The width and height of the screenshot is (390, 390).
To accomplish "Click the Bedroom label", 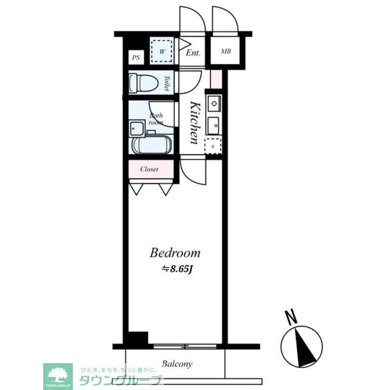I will tap(175, 253).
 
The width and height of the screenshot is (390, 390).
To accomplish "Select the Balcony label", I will tap(177, 364).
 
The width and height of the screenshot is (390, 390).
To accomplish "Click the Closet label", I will tap(149, 169).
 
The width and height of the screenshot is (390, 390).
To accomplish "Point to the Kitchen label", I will tap(194, 122).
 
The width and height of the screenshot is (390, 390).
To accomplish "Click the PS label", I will tap(136, 59).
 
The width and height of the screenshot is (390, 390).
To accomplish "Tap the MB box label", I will tap(225, 52).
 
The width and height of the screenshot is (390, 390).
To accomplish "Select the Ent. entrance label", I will tap(194, 53).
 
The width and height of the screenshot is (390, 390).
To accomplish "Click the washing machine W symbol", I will tap(162, 52).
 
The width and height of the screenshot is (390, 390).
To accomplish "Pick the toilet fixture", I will tap(144, 82).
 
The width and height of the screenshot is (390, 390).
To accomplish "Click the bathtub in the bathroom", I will tap(152, 146).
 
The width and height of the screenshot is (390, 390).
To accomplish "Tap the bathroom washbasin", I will tap(136, 129).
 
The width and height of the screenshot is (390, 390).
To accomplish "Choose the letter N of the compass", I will tap(292, 317).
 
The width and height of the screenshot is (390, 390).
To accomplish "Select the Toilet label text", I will tap(168, 83).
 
